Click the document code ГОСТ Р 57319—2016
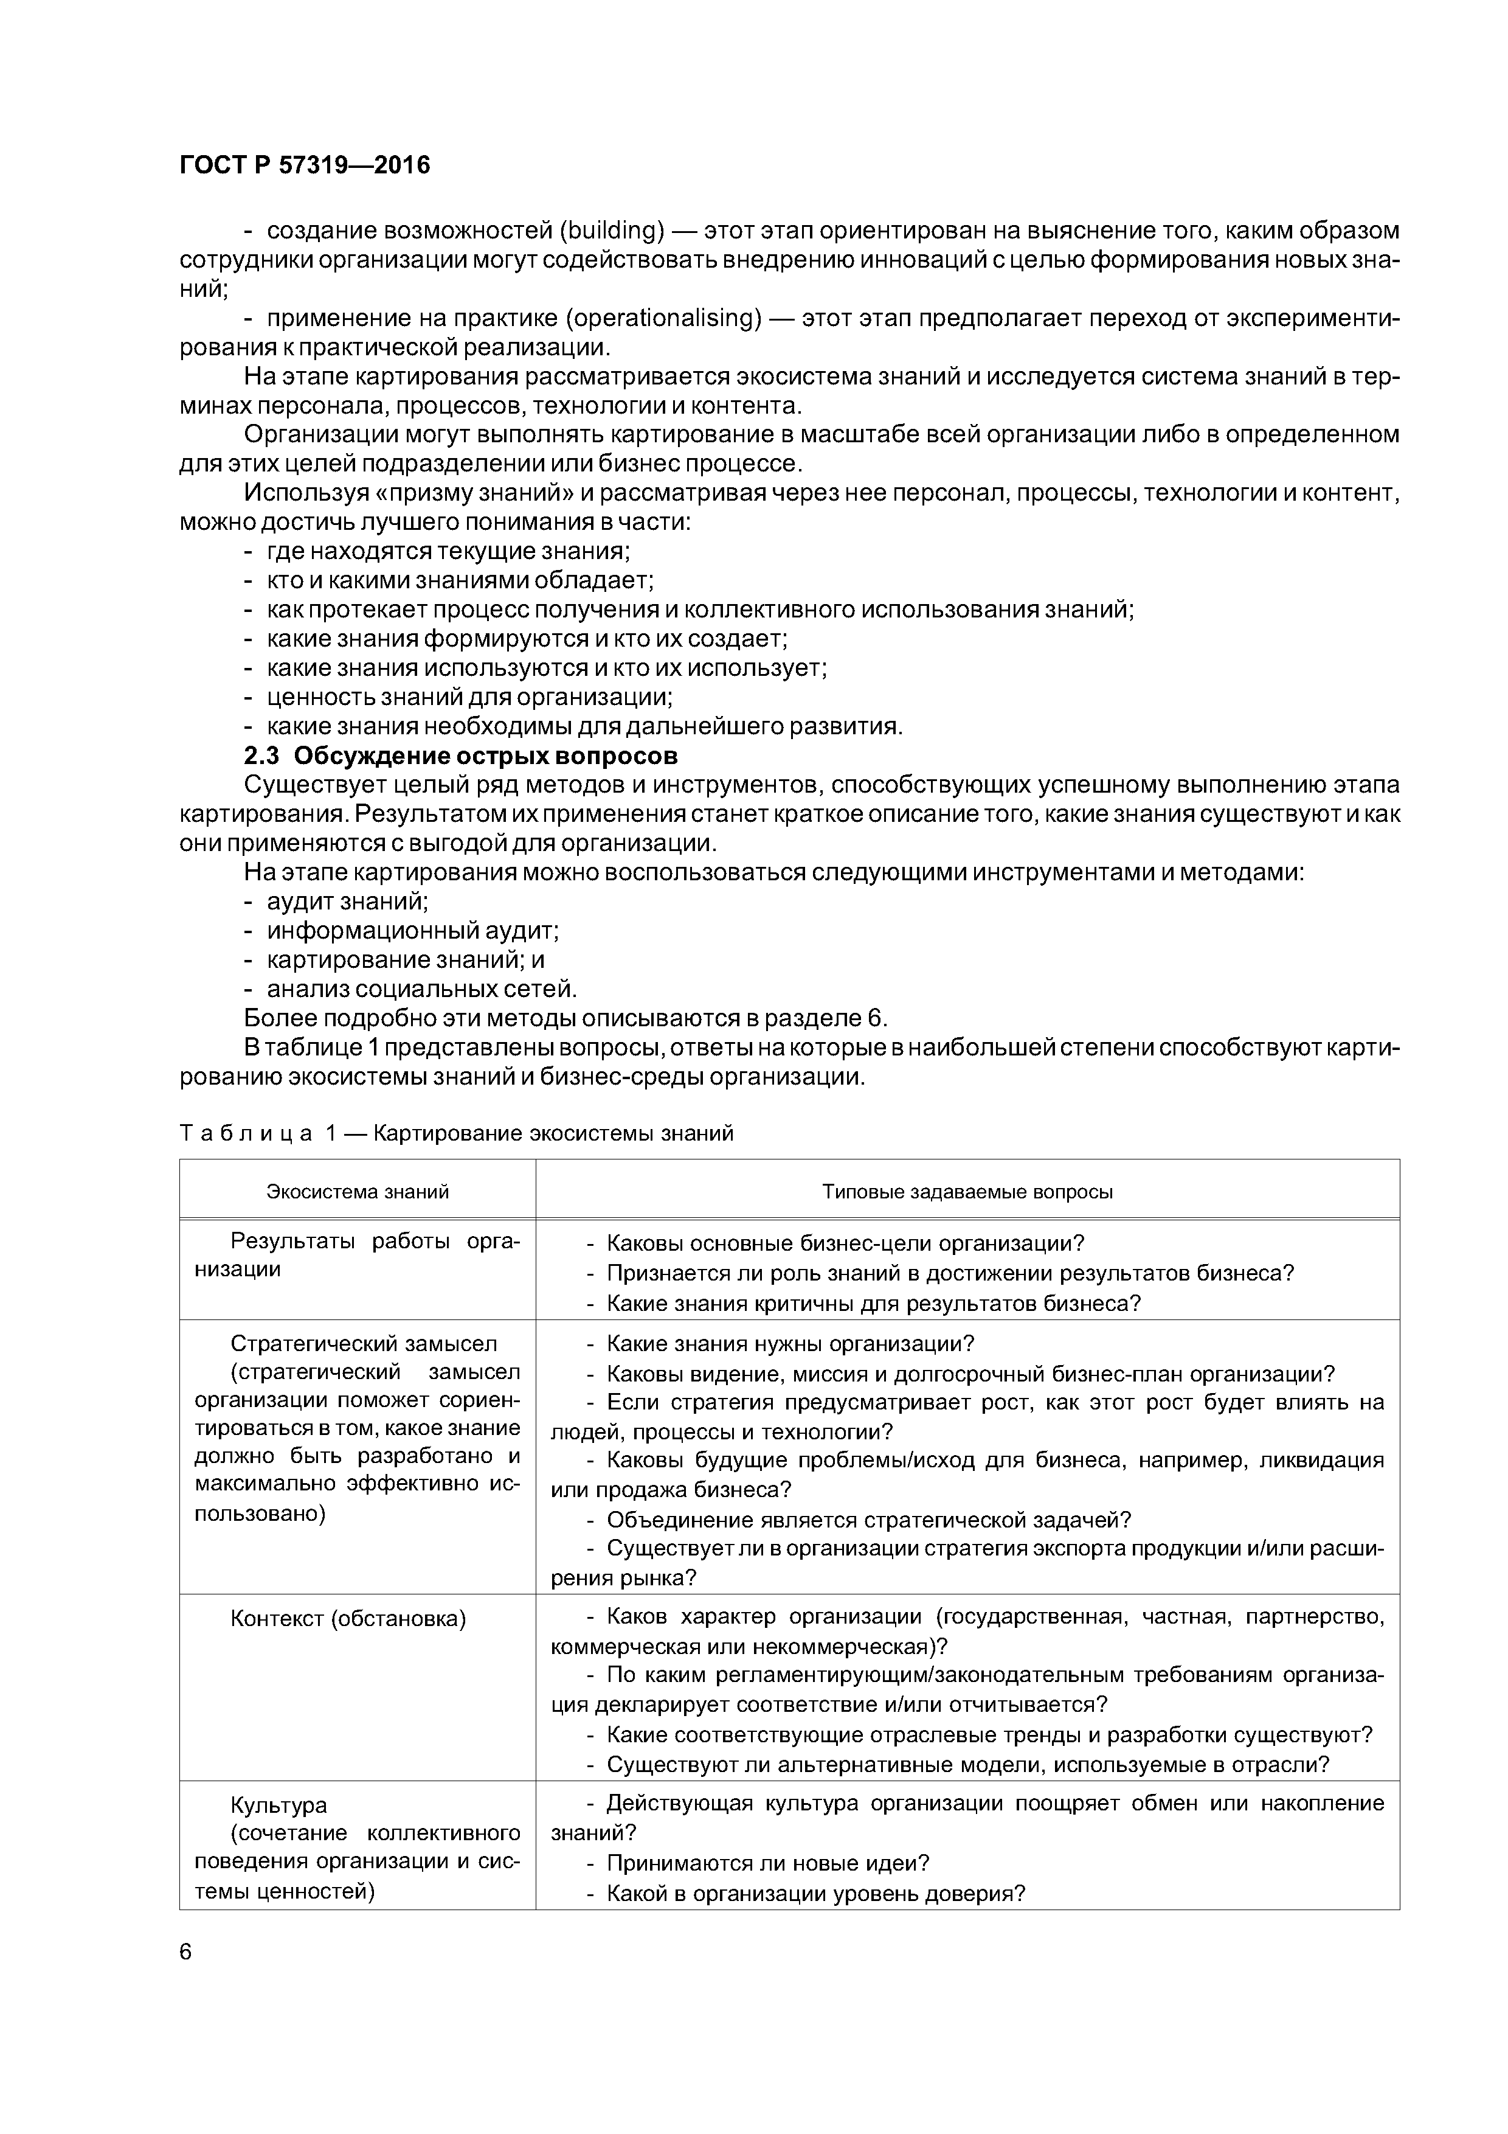(305, 165)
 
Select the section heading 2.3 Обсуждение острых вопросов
(461, 756)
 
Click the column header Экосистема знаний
(358, 1192)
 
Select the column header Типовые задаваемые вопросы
(967, 1192)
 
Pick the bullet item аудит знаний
(347, 902)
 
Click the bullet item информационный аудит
(412, 930)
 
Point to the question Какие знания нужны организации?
(790, 1344)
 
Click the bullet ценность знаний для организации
(469, 697)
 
